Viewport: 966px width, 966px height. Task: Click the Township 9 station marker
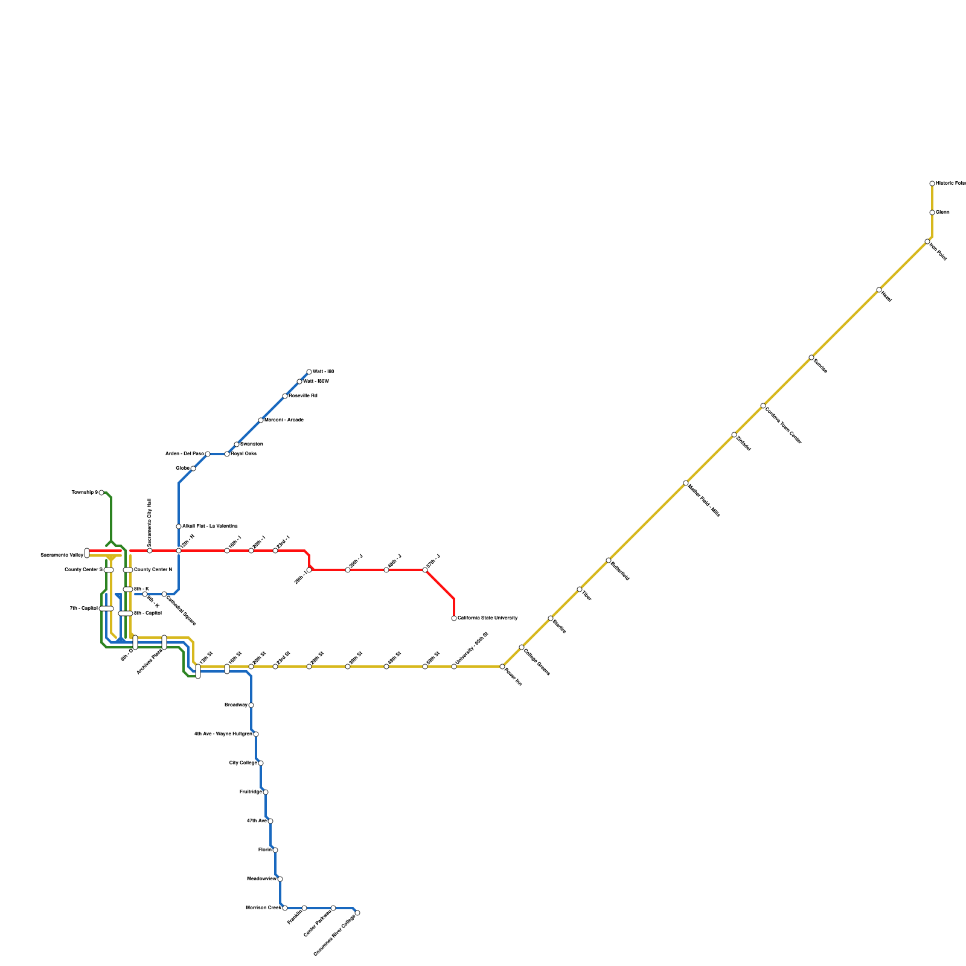pos(101,493)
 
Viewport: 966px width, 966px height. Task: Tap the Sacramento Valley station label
pos(62,555)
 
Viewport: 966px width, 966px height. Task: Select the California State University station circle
pos(454,618)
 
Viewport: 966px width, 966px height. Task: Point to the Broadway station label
pos(235,705)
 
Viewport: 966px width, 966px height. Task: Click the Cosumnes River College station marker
pos(357,913)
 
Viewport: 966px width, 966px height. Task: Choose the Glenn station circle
pos(932,213)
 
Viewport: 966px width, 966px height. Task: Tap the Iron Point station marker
pos(927,241)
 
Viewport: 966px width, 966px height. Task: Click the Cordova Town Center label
pos(783,426)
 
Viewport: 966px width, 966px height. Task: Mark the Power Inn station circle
pos(502,667)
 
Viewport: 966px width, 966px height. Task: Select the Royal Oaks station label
pos(244,453)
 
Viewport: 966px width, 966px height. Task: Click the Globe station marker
pos(193,469)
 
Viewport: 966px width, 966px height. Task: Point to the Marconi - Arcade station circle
pos(261,420)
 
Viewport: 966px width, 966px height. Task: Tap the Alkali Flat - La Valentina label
pos(210,526)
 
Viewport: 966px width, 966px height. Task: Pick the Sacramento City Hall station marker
pos(150,551)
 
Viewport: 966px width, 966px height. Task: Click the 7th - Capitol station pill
pos(106,609)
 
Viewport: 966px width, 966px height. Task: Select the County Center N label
pos(153,569)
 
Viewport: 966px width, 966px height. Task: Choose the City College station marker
pos(261,763)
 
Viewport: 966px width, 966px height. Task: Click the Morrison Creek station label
pos(264,907)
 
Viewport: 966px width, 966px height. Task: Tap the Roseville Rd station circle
pos(285,396)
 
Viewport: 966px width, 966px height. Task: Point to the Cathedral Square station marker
pos(164,594)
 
